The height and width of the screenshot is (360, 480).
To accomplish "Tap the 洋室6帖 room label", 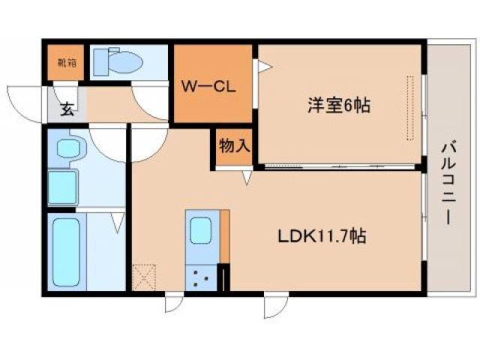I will click(x=337, y=106).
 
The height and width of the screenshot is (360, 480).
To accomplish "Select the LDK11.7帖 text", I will click(x=322, y=237).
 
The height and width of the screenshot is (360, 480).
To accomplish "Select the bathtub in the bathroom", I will click(x=67, y=251).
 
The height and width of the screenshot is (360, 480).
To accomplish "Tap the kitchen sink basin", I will click(x=202, y=230).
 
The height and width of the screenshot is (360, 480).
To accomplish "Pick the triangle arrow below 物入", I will click(x=246, y=177).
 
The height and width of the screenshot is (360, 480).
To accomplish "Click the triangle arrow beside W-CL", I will click(x=263, y=67).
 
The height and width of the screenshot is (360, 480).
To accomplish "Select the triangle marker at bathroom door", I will click(x=118, y=222).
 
